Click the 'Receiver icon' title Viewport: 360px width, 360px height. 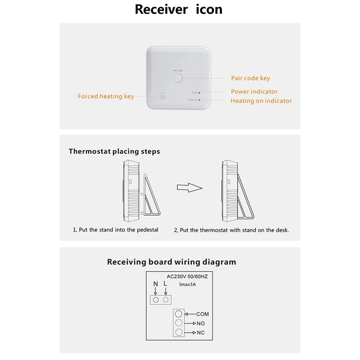(x=179, y=9)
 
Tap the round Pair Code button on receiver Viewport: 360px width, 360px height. (x=178, y=78)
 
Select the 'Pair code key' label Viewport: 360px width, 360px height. (x=250, y=78)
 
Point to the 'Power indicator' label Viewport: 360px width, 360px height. (x=254, y=91)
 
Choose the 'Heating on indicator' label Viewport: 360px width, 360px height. (x=261, y=101)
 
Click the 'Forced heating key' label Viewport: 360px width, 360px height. (x=106, y=96)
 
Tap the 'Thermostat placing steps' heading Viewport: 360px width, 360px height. (x=114, y=152)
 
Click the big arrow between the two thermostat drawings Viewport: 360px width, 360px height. (x=188, y=187)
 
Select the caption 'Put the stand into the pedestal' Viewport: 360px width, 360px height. (x=116, y=230)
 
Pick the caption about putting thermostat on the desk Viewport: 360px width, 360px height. (x=231, y=230)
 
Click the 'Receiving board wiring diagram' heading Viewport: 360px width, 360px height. (x=171, y=262)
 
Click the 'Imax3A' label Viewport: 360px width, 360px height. (x=175, y=284)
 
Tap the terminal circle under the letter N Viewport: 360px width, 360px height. (x=156, y=299)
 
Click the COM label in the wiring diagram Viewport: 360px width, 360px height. (x=202, y=314)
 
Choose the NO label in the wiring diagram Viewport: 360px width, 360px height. (x=201, y=323)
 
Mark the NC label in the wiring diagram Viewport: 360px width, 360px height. (x=201, y=333)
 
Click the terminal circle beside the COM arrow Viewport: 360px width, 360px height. (x=179, y=314)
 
